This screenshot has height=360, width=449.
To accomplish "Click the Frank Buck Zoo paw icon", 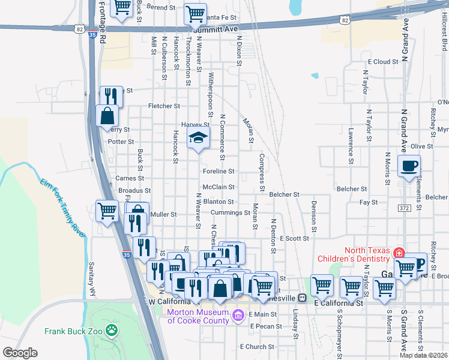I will (x=111, y=329).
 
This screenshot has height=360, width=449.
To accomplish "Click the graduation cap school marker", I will (x=197, y=139).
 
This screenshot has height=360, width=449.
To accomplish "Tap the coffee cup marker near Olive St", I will (x=409, y=166).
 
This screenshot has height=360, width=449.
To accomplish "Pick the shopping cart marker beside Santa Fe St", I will (x=195, y=13).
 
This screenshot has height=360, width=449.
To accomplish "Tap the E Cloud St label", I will (x=383, y=62).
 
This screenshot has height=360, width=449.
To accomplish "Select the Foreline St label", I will (x=217, y=171).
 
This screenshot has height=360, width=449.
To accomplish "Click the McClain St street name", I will (x=218, y=187).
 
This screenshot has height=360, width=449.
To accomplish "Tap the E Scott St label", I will (x=294, y=238).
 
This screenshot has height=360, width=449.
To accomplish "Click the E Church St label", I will (x=257, y=347).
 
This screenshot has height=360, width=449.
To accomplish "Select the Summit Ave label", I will (x=216, y=28).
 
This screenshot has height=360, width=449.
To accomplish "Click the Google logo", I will (x=19, y=353).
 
